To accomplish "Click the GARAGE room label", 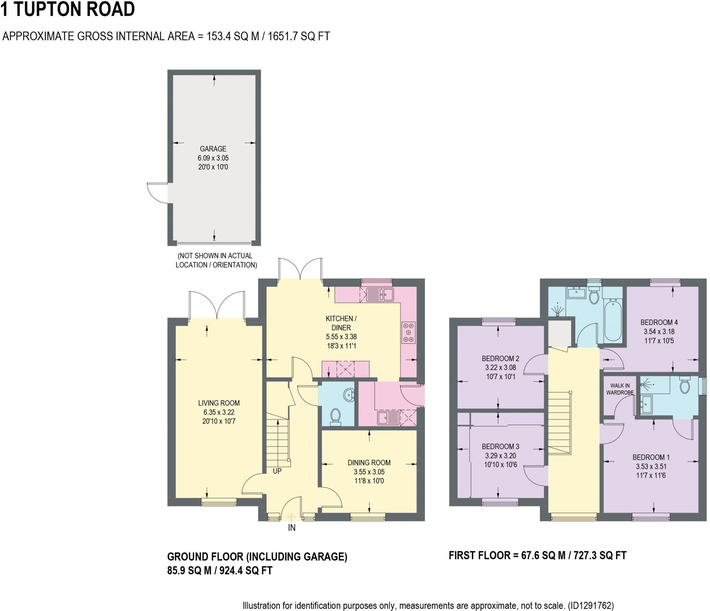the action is [x=213, y=149].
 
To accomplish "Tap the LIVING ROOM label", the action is [x=219, y=403].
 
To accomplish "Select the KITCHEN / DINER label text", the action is [x=341, y=323].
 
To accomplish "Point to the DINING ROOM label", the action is [x=369, y=463].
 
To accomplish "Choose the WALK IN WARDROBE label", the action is [x=620, y=389].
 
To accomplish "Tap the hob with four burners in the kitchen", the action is [x=408, y=332].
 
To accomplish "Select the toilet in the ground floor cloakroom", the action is [x=335, y=417].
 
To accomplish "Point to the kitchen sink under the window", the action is [x=380, y=295].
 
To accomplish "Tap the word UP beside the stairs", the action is [x=277, y=471].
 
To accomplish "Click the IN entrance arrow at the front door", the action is [x=292, y=517].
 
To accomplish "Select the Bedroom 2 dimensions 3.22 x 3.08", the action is [x=500, y=367].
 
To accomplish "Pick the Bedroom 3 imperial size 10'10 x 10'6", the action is [x=500, y=464].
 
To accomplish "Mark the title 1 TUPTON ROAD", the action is [x=68, y=9].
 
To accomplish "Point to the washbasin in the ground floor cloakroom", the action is [x=348, y=394].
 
